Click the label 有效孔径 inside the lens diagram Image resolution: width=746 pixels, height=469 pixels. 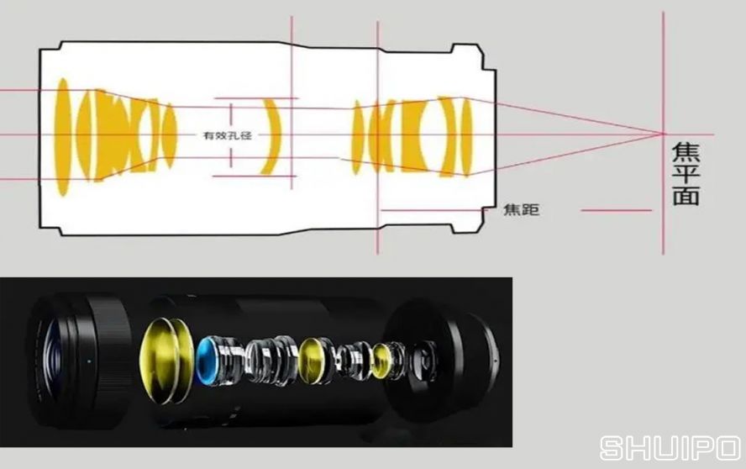228,135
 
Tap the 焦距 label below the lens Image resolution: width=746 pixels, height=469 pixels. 521,209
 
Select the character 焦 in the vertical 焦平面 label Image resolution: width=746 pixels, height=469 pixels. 686,153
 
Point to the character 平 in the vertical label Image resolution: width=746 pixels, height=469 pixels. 686,174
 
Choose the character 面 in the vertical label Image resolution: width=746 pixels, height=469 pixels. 686,196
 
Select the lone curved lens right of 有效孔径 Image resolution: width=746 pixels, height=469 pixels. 271,136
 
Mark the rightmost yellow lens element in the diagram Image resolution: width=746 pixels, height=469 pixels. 466,137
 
